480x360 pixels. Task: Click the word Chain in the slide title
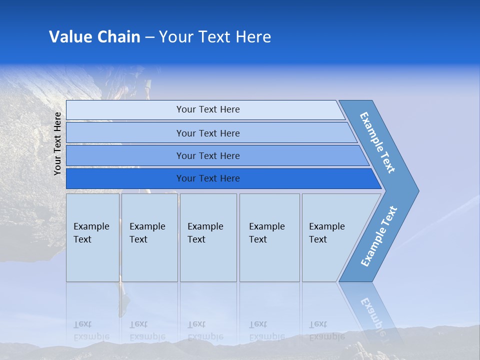pyautogui.click(x=119, y=37)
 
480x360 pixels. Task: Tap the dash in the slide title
pyautogui.click(x=149, y=37)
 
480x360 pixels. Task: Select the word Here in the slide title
pyautogui.click(x=252, y=37)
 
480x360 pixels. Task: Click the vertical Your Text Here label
pyautogui.click(x=57, y=144)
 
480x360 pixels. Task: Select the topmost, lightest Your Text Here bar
pyautogui.click(x=207, y=109)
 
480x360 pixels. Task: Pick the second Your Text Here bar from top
pyautogui.click(x=207, y=133)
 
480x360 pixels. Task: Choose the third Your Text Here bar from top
pyautogui.click(x=207, y=155)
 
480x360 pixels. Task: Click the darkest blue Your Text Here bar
pyautogui.click(x=207, y=178)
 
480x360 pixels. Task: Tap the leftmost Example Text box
pyautogui.click(x=92, y=237)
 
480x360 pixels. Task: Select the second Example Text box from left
pyautogui.click(x=149, y=237)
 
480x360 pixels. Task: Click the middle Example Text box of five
pyautogui.click(x=207, y=237)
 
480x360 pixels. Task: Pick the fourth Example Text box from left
pyautogui.click(x=269, y=237)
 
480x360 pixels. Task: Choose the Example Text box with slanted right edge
pyautogui.click(x=330, y=237)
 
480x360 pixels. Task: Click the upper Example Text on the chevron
pyautogui.click(x=377, y=142)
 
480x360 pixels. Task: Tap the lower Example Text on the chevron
pyautogui.click(x=379, y=236)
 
